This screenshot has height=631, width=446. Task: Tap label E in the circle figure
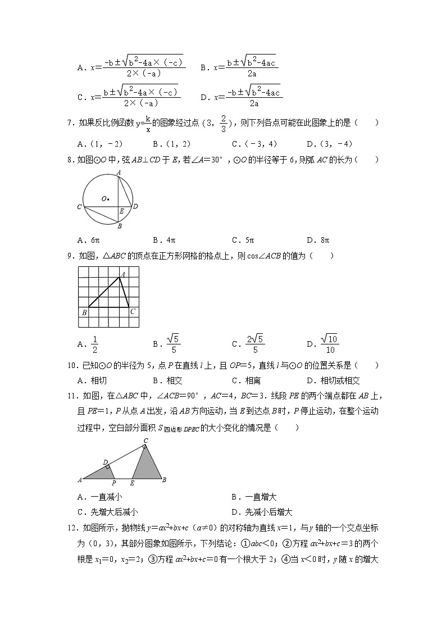(x=121, y=211)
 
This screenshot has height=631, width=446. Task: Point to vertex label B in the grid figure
(x=84, y=312)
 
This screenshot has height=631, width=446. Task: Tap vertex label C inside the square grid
(x=133, y=311)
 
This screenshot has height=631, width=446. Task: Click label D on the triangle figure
(x=105, y=462)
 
